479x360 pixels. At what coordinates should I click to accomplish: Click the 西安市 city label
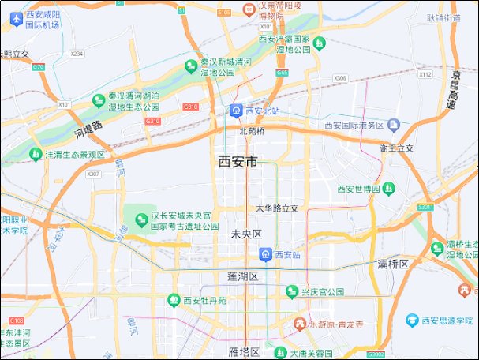pos(238,162)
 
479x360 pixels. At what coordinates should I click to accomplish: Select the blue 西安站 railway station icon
pos(267,255)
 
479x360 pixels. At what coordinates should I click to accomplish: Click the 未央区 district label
pos(245,234)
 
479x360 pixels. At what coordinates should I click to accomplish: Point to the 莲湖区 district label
pos(242,276)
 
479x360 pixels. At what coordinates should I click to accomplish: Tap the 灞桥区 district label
pos(393,264)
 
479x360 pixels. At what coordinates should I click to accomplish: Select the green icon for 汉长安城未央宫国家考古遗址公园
pos(142,219)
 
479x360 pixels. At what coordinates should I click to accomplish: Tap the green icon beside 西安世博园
pos(389,189)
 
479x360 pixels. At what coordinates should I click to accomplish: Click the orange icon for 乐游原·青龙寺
pos(299,324)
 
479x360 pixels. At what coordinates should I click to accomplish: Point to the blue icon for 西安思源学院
pos(412,321)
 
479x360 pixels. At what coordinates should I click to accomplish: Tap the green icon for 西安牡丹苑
pos(174,300)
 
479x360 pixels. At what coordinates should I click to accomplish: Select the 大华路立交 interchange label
pos(278,208)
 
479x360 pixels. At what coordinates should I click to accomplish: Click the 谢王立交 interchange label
pos(397,148)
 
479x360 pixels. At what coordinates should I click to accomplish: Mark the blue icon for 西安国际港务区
pos(394,126)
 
